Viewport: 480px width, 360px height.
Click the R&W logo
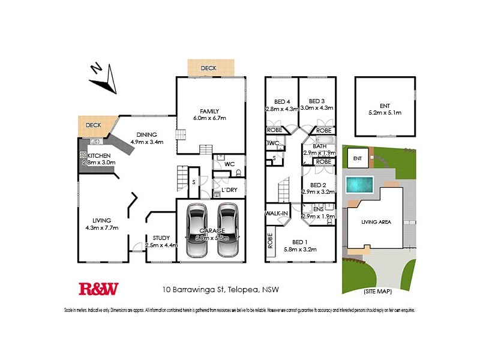(x=99, y=289)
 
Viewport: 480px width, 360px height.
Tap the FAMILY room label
(x=210, y=111)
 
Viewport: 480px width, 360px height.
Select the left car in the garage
(x=197, y=230)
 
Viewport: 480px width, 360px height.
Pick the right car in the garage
(x=228, y=230)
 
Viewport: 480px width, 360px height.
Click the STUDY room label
(x=161, y=238)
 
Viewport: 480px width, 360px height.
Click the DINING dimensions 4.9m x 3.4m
(x=146, y=142)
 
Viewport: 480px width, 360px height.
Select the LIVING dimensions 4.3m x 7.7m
(x=101, y=227)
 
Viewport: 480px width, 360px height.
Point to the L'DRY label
(x=229, y=190)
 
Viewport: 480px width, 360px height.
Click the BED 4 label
(x=282, y=101)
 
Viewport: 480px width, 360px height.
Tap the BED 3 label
(x=317, y=101)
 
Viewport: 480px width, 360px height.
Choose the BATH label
(x=320, y=146)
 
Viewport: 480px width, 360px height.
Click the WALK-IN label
(x=277, y=213)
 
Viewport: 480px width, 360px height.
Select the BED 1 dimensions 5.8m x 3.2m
(x=317, y=249)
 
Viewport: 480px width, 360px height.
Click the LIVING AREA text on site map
(x=376, y=222)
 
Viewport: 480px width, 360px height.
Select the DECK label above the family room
(x=208, y=68)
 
